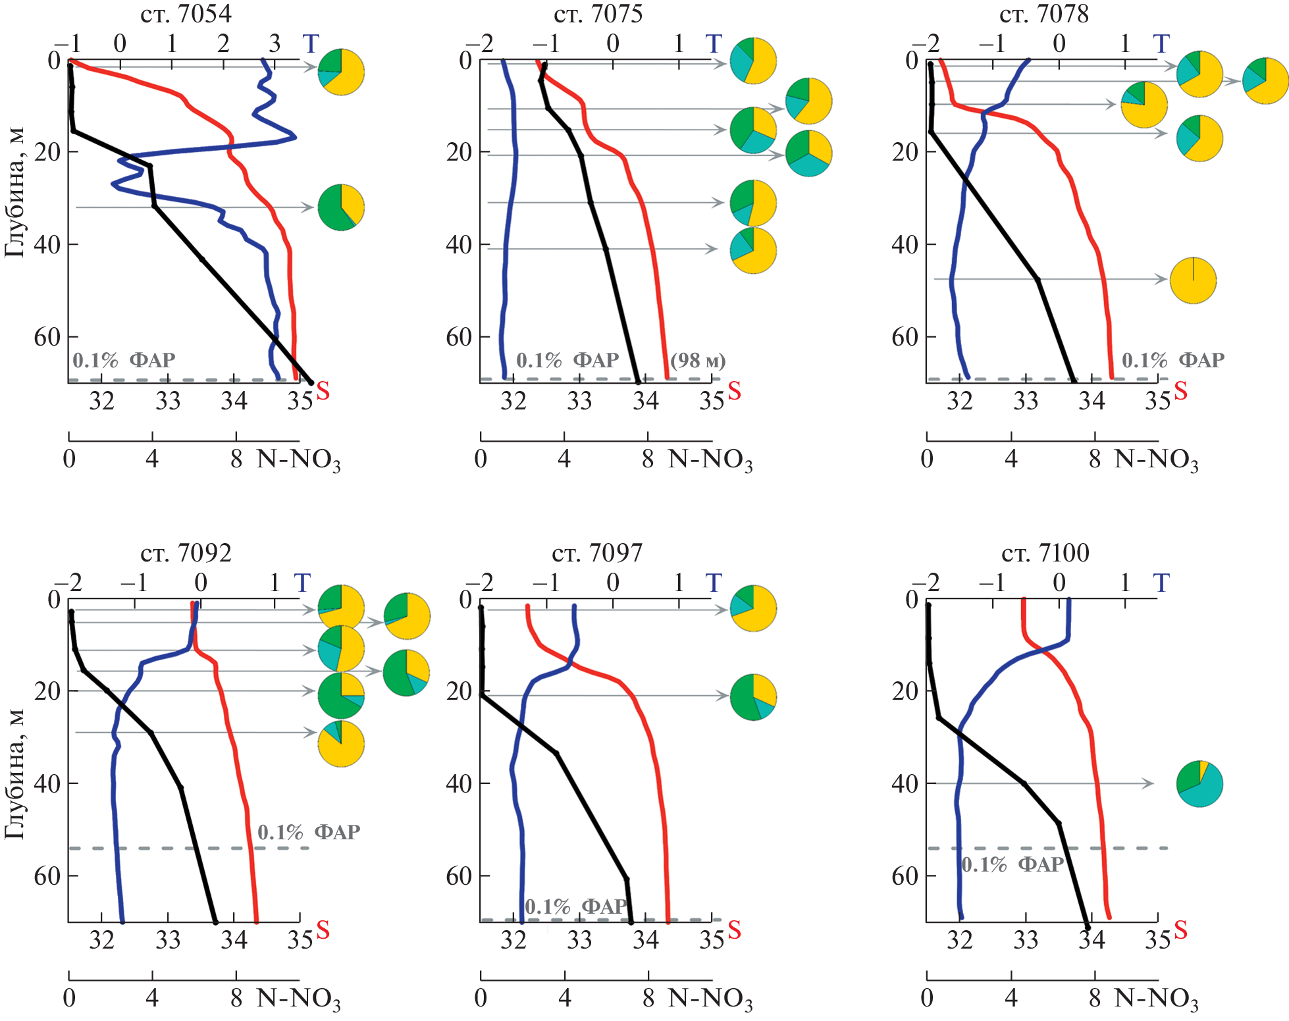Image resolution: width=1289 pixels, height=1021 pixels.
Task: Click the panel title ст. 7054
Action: click(186, 14)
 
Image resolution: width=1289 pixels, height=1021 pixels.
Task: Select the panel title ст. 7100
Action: click(1045, 553)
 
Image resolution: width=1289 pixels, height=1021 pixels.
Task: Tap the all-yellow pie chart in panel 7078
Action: click(1193, 280)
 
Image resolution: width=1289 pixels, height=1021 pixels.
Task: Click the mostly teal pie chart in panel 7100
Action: click(1199, 783)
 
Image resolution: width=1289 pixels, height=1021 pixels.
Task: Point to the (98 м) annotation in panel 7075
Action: click(698, 361)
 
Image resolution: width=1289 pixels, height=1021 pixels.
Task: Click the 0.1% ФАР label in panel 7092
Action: click(308, 832)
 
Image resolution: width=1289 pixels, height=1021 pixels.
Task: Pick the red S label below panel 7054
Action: click(323, 391)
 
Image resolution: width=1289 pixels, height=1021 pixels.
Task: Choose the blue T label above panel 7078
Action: click(1161, 44)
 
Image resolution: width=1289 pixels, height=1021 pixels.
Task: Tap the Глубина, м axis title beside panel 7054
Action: click(14, 191)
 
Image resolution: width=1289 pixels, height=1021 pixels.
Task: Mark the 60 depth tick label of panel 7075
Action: click(459, 337)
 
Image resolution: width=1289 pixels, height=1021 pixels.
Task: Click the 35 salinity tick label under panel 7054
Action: click(300, 401)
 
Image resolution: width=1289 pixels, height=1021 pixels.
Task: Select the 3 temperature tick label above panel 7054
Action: click(275, 44)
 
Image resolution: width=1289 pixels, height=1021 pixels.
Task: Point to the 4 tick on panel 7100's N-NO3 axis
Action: click(1011, 998)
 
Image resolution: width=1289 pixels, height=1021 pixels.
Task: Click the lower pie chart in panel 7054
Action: click(341, 208)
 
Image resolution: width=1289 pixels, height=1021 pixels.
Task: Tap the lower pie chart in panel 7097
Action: click(753, 697)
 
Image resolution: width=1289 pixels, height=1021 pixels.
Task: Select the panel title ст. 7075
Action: click(598, 14)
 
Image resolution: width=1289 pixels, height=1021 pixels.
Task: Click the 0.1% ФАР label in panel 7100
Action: click(1013, 864)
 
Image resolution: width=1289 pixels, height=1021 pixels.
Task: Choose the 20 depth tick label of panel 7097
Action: click(459, 691)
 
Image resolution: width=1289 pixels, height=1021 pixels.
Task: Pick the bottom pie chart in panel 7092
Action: click(341, 744)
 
